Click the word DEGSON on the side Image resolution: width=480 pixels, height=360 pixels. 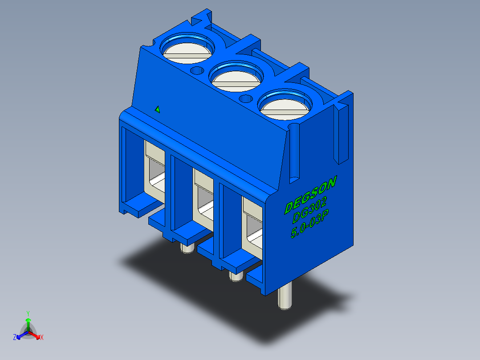(310, 194)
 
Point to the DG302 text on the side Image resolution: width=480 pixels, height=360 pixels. (309, 209)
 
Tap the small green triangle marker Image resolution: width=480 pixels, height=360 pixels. (157, 109)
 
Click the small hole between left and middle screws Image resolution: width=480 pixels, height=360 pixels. (197, 70)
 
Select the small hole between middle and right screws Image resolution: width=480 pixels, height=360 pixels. (245, 98)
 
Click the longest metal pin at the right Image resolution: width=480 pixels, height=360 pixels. (285, 296)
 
